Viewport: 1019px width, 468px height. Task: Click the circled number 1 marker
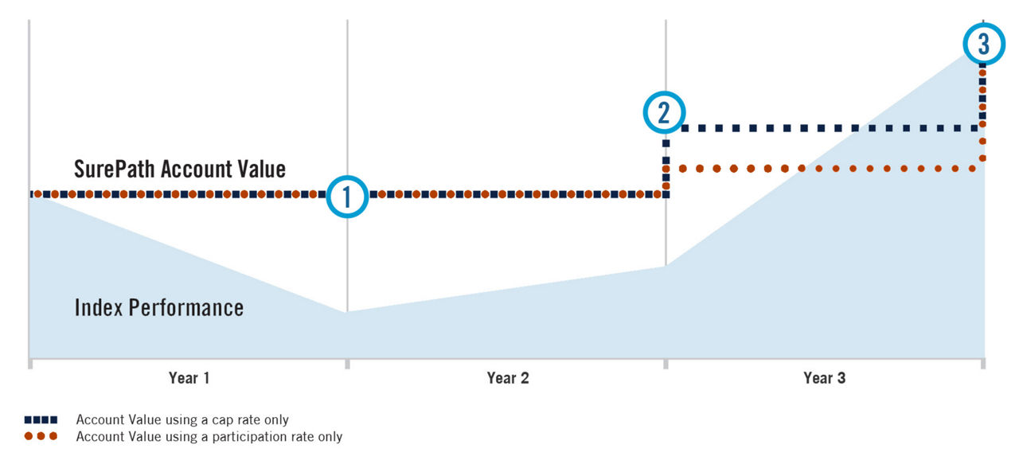pyautogui.click(x=347, y=196)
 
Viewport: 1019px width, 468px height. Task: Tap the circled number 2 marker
pyautogui.click(x=664, y=113)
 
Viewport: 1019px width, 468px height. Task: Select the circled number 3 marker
pyautogui.click(x=984, y=43)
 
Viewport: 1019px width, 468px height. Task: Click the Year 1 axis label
pyautogui.click(x=189, y=378)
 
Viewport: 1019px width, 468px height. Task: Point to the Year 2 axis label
pyautogui.click(x=507, y=378)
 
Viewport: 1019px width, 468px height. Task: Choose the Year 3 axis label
pyautogui.click(x=825, y=378)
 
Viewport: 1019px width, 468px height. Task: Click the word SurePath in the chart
pyautogui.click(x=115, y=169)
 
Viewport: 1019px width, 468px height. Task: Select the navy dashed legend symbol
pyautogui.click(x=41, y=419)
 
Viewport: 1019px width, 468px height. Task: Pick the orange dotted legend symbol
pyautogui.click(x=41, y=436)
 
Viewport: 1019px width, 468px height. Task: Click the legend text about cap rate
pyautogui.click(x=182, y=419)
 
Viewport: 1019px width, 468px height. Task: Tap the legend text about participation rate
pyautogui.click(x=209, y=436)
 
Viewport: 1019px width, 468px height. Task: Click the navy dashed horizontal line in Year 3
pyautogui.click(x=828, y=127)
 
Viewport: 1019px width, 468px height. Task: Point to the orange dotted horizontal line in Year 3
pyautogui.click(x=828, y=169)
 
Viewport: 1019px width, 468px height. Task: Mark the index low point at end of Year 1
pyautogui.click(x=347, y=312)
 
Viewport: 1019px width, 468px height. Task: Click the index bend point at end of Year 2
pyautogui.click(x=666, y=267)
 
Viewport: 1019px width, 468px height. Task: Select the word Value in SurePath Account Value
pyautogui.click(x=259, y=169)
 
